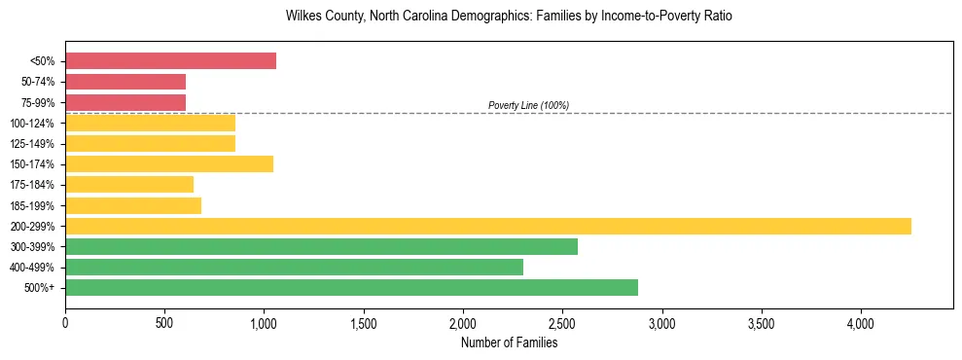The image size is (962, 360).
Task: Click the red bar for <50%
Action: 170,61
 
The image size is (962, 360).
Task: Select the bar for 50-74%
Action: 125,82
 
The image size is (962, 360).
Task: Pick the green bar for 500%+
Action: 351,287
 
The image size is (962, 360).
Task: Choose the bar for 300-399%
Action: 321,246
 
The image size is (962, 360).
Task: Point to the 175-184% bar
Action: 129,184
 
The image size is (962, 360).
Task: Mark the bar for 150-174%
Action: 169,163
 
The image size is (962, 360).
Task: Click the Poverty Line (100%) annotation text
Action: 528,105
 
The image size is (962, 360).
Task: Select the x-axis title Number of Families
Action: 509,342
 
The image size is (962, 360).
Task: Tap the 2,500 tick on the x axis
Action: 562,321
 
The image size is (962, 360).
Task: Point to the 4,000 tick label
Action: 861,321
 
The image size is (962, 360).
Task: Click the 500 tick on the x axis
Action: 164,321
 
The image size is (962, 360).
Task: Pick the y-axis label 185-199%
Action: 33,205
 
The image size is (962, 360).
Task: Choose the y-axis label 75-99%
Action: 37,102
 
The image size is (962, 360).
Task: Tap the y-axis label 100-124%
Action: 33,123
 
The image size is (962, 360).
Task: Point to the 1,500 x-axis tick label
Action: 364,321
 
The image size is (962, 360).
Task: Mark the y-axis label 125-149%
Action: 33,143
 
